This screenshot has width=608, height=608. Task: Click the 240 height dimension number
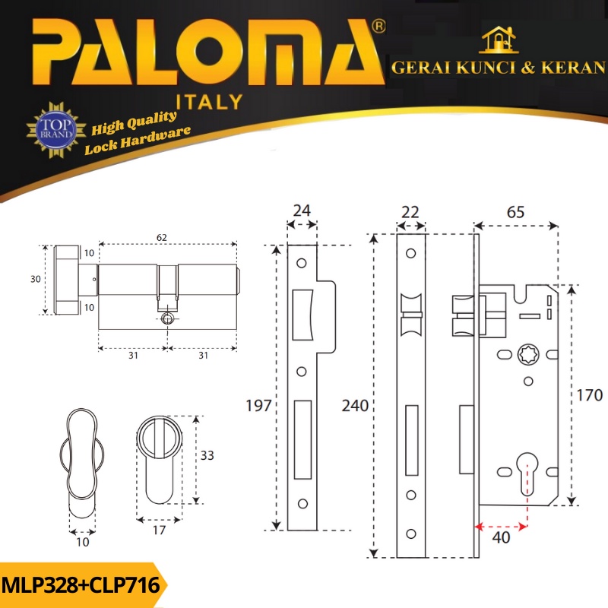point(355,406)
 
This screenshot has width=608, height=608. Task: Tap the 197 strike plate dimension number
point(258,406)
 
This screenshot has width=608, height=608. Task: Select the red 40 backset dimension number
point(501,537)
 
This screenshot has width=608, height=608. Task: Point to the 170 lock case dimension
point(590,395)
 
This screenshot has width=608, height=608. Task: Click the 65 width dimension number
point(515,212)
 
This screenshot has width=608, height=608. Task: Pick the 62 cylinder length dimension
point(162,237)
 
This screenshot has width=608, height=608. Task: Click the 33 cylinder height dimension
point(207,455)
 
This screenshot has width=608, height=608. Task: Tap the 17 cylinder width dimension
point(159,530)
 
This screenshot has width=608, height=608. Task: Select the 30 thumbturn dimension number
point(36,279)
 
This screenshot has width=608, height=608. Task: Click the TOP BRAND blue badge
point(56,129)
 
